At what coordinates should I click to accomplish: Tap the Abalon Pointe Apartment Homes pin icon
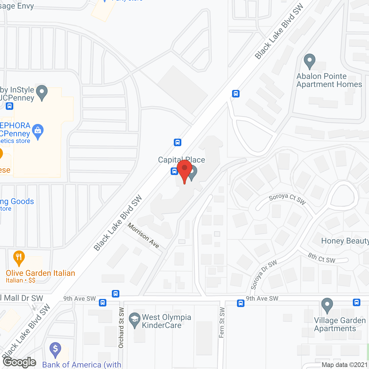pos(309,61)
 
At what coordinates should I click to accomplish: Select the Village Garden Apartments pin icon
pos(327,305)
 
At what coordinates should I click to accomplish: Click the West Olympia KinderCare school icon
pos(134,320)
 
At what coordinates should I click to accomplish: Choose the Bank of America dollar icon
pos(55,349)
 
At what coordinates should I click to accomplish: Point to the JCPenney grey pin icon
pos(42,93)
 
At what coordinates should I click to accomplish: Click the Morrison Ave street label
pos(143,236)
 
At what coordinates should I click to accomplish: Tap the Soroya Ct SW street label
pos(287,199)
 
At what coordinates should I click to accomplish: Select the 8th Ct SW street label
pos(322,258)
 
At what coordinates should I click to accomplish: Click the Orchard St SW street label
pos(121,328)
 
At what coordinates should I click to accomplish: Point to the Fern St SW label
pos(222,322)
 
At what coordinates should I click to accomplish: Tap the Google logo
pos(20,362)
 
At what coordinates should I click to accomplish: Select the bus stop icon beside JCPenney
pos(10,106)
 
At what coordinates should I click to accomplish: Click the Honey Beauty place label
pos(345,241)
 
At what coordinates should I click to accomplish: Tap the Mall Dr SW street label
pos(23,298)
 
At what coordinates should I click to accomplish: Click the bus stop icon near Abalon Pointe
pos(236,94)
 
